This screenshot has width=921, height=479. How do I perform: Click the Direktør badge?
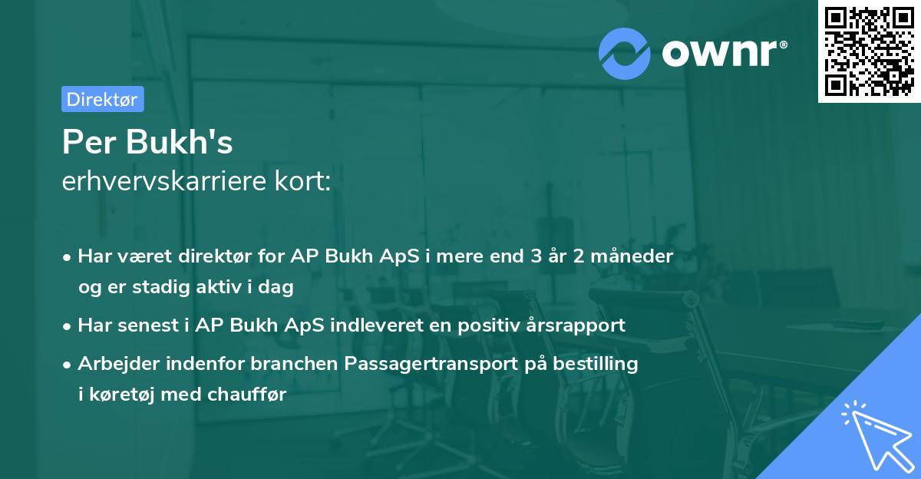(x=102, y=99)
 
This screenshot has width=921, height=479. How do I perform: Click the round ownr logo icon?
(x=625, y=53)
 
